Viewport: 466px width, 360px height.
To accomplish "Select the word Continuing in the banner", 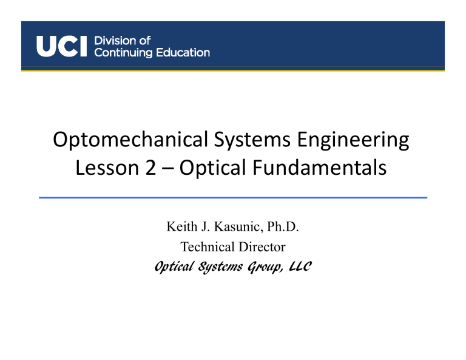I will point(122,53).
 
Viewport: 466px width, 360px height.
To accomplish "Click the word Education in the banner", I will point(180,53).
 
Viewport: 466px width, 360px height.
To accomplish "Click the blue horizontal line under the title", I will point(233,197).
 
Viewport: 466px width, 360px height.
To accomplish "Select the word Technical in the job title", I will point(206,247).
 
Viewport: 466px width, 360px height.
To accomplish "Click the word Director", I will point(262,247).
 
